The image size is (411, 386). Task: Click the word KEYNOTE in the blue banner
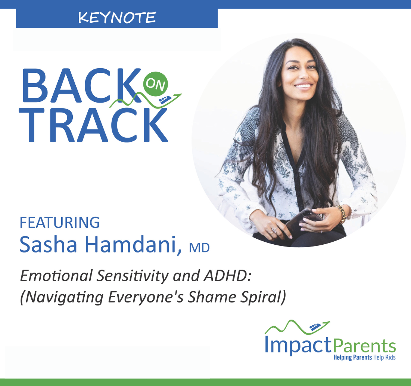click(x=117, y=18)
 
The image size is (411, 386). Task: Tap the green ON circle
click(x=156, y=84)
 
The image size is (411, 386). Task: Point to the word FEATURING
click(x=60, y=223)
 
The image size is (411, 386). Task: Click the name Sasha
click(x=49, y=244)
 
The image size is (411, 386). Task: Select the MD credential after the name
click(x=199, y=248)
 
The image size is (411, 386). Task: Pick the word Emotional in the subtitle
click(x=56, y=276)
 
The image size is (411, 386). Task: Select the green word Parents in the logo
click(x=364, y=346)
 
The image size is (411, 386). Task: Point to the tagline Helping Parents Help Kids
click(x=364, y=357)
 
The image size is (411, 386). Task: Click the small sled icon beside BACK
click(x=165, y=100)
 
